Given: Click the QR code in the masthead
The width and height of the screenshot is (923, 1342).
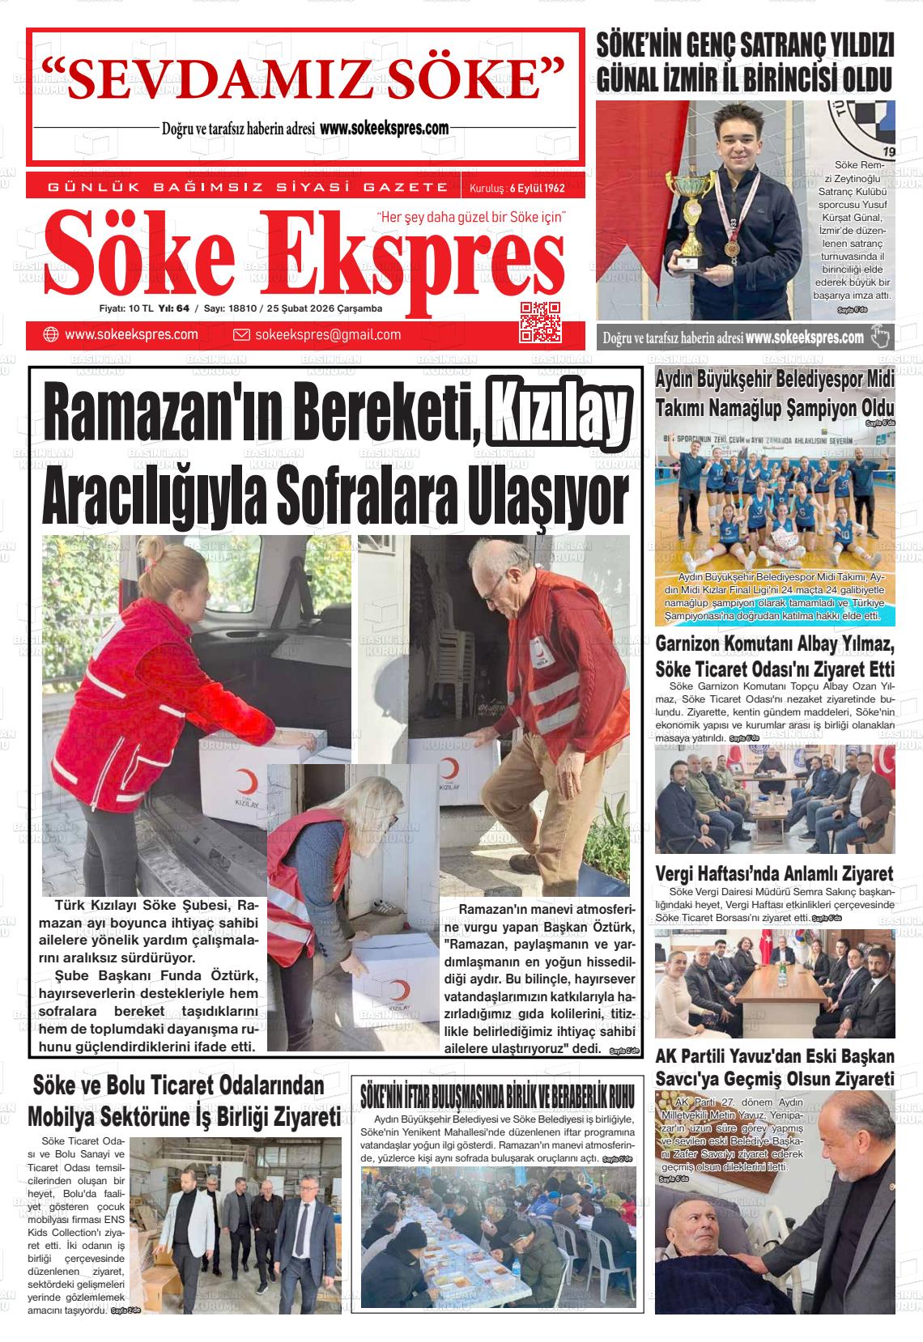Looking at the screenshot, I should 540,321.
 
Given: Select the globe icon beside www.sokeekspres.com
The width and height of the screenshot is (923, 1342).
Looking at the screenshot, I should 50,335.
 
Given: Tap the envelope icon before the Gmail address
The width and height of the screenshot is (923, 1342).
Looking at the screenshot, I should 240,335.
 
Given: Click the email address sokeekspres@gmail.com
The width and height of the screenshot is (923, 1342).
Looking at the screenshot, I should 327,335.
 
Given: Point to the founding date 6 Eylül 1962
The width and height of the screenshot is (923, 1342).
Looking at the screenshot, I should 536,189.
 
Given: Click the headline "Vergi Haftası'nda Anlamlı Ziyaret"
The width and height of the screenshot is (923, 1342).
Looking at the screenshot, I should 773,873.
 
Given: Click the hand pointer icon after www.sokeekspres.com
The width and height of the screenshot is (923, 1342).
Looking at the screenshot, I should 880,337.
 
